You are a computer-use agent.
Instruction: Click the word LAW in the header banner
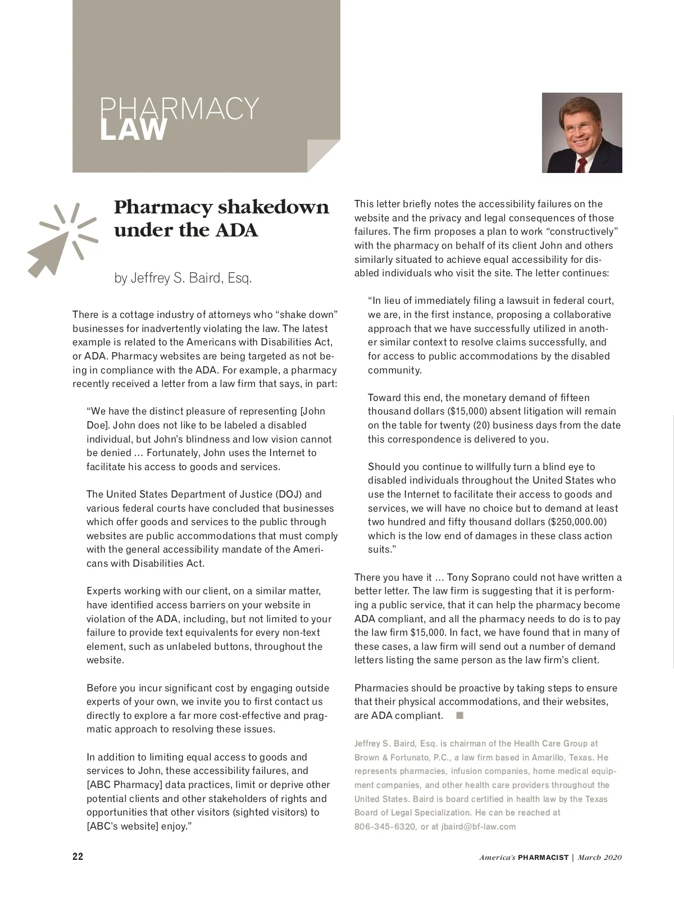pyautogui.click(x=134, y=130)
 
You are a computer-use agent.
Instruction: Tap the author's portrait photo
pyautogui.click(x=582, y=133)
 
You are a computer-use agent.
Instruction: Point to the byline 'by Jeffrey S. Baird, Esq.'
pyautogui.click(x=183, y=278)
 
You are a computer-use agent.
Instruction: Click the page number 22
pyautogui.click(x=78, y=857)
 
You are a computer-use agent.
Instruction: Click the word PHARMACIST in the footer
pyautogui.click(x=543, y=857)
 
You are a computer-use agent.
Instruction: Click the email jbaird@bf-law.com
pyautogui.click(x=479, y=826)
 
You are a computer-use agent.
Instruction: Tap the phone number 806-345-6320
pyautogui.click(x=385, y=826)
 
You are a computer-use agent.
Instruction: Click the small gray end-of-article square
pyautogui.click(x=460, y=715)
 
